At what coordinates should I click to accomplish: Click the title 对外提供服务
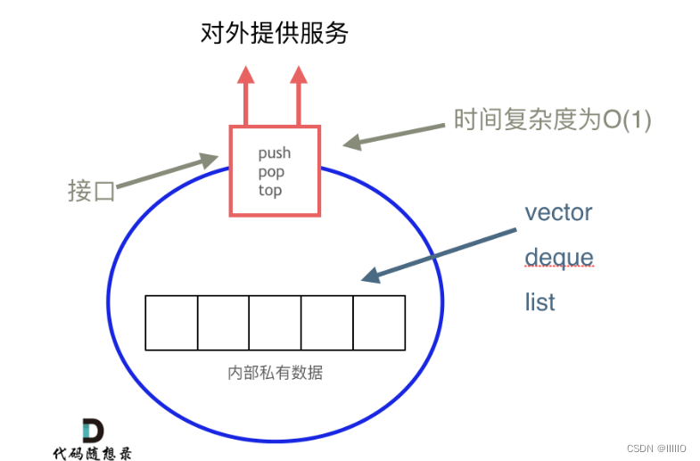(273, 34)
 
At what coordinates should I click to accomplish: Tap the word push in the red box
(275, 153)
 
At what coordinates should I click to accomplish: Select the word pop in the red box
(271, 171)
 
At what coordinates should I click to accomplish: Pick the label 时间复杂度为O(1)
(553, 119)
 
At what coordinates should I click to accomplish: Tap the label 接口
(92, 191)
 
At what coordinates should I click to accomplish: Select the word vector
(558, 212)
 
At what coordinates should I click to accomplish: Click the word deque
(558, 258)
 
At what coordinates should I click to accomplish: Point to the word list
(539, 302)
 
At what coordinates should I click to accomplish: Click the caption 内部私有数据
(275, 373)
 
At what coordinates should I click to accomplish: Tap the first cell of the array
(171, 323)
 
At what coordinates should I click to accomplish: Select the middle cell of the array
(275, 323)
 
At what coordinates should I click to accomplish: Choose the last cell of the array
(379, 323)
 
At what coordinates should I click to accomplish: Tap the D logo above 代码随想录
(92, 430)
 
